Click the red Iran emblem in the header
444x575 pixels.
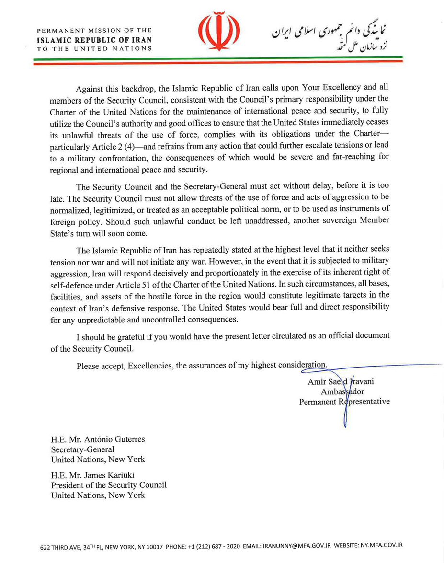(221, 31)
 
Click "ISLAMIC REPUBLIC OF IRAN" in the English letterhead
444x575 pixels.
(94, 39)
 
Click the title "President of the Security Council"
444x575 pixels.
(109, 485)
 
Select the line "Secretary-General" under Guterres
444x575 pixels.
(83, 449)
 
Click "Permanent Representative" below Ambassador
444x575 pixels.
(344, 402)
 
